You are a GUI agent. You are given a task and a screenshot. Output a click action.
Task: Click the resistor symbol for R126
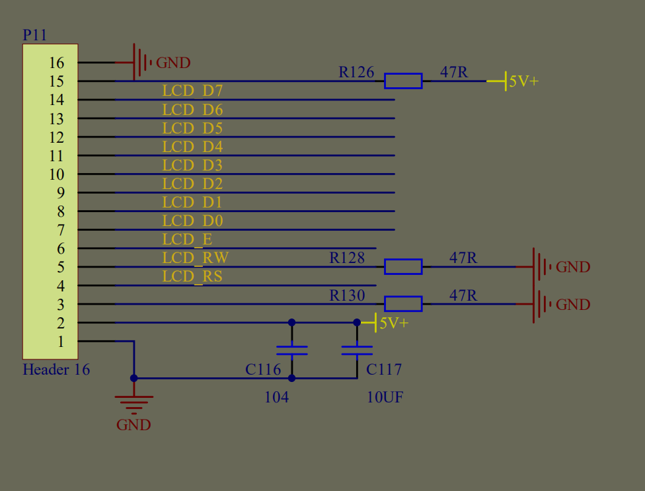403,81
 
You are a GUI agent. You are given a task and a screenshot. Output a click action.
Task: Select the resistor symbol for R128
403,266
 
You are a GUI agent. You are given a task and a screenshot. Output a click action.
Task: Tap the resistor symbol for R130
403,303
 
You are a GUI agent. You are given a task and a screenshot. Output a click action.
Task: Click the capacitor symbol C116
291,350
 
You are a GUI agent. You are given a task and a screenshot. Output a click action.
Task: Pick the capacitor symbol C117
357,350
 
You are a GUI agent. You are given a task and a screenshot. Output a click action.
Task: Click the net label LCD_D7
192,91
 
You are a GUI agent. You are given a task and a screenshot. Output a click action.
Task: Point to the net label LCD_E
187,239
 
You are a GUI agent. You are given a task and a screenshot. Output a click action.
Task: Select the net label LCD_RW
195,258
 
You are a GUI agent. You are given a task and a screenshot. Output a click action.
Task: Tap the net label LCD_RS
192,276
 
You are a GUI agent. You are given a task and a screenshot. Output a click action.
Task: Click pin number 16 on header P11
57,63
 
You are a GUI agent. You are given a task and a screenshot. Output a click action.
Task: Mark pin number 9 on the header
61,193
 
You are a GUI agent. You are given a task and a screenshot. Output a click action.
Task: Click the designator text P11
35,35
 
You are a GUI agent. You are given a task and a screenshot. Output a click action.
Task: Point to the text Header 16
56,369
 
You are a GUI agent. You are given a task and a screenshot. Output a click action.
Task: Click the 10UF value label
385,397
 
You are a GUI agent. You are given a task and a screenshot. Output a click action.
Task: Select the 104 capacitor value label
276,397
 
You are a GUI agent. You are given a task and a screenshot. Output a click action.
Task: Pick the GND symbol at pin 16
142,63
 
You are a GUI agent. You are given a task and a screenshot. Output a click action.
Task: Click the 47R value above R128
463,258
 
